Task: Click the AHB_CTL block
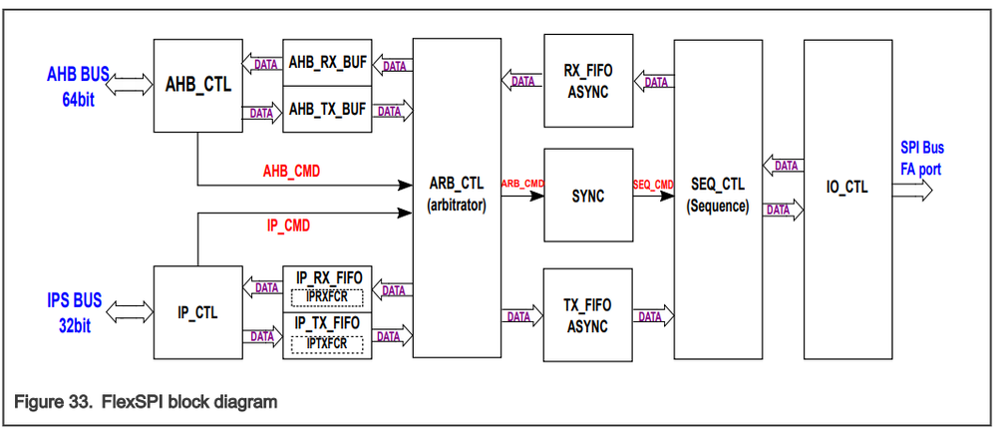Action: coord(197,86)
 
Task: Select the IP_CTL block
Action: coord(197,312)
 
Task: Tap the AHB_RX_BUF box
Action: coord(327,62)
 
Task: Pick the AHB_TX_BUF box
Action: coord(327,110)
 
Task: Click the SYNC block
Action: coord(588,196)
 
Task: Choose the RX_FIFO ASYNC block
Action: coord(588,80)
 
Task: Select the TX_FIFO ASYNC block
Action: coord(588,315)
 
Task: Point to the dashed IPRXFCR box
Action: coord(326,297)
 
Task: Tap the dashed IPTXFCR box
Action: coord(326,344)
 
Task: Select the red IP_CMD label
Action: coord(288,225)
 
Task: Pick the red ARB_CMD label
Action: coord(522,184)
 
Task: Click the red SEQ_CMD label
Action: coord(653,185)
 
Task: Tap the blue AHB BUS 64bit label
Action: coord(78,87)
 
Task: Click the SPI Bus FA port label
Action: coord(922,159)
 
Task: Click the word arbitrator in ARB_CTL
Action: coord(457,207)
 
